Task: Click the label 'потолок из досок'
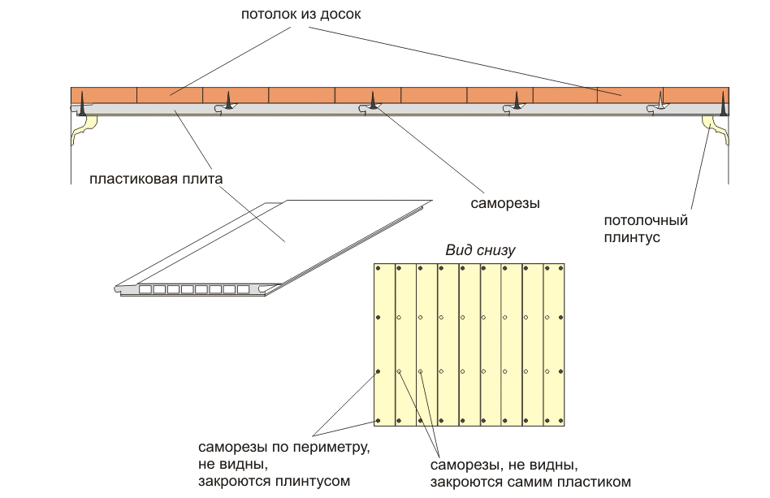point(300,15)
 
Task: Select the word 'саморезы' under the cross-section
point(505,202)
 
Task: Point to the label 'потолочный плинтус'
point(646,228)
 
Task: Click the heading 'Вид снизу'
point(479,250)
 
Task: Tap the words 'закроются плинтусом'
point(274,482)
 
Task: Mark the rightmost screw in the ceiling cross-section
point(722,102)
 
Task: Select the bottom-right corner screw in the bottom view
point(560,420)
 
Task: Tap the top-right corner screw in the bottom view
point(560,267)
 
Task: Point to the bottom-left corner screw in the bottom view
point(379,420)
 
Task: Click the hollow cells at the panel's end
point(195,289)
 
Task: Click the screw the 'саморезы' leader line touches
point(373,102)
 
